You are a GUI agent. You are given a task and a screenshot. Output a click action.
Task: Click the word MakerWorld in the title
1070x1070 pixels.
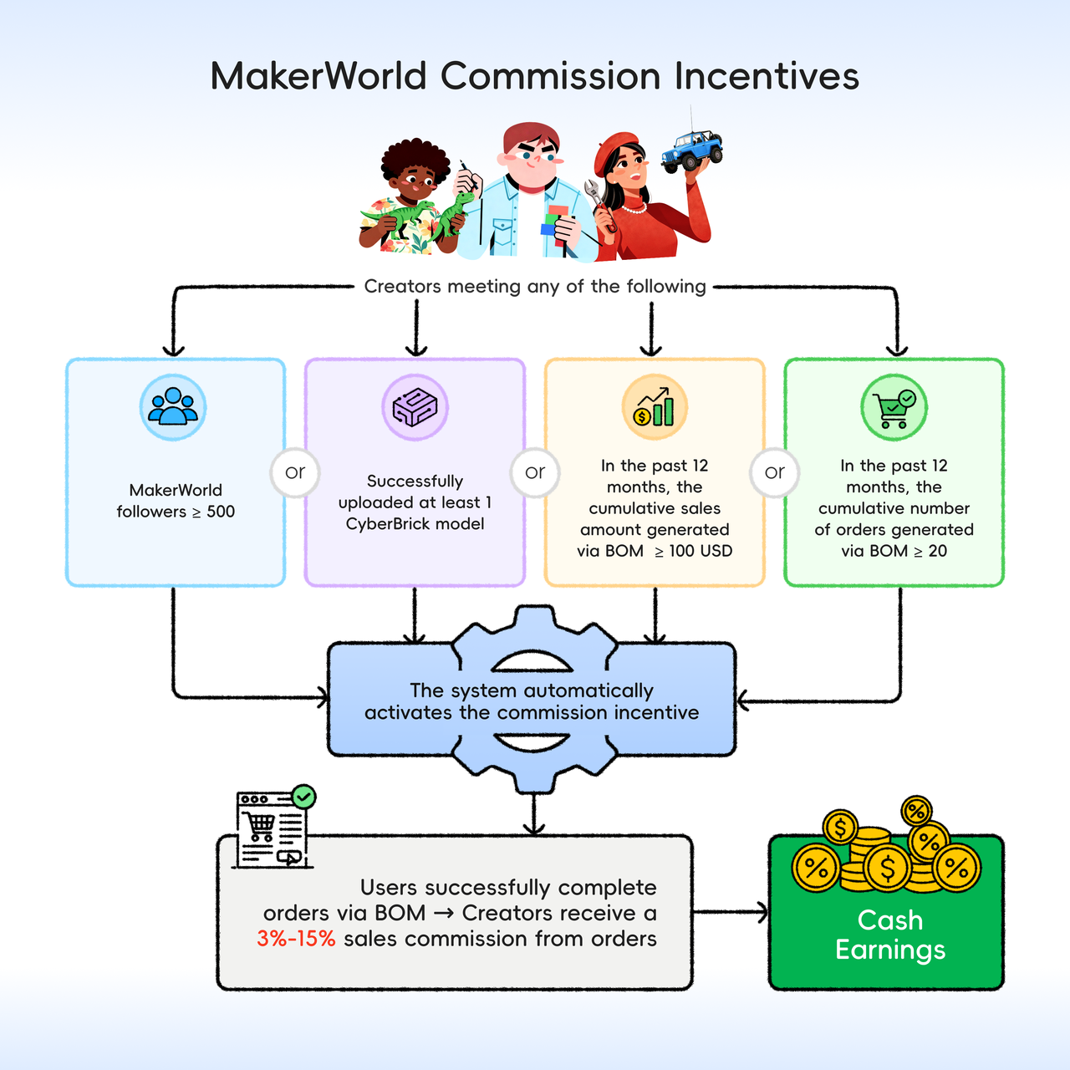click(318, 75)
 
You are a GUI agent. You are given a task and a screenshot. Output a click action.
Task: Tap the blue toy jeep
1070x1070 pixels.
click(692, 149)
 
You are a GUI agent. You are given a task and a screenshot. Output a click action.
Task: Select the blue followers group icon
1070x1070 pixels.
click(173, 407)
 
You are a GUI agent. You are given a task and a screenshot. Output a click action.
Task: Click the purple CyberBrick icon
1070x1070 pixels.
click(415, 407)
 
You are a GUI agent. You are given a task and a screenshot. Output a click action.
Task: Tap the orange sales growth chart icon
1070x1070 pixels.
click(655, 407)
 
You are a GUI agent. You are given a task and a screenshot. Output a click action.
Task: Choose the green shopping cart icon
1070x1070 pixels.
click(894, 407)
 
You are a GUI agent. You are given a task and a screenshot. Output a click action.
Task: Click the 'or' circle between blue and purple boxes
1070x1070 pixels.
click(295, 472)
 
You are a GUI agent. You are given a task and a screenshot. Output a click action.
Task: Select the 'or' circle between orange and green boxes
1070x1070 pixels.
click(775, 472)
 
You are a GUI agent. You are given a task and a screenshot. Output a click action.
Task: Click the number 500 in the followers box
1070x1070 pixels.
click(221, 512)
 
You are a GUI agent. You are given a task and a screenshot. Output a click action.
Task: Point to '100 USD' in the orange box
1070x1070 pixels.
click(701, 551)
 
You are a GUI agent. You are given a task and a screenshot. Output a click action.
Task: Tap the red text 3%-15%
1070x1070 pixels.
click(296, 939)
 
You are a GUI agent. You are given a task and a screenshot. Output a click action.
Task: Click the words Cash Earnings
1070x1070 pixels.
click(890, 935)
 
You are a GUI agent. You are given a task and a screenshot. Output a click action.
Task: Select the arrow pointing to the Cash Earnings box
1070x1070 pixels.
click(730, 912)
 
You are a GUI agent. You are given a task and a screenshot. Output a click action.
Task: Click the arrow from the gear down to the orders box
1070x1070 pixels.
click(533, 813)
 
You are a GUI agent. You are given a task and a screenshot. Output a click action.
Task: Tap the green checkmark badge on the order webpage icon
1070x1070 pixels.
click(303, 797)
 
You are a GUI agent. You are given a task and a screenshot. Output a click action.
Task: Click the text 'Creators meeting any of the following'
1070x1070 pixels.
click(535, 287)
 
